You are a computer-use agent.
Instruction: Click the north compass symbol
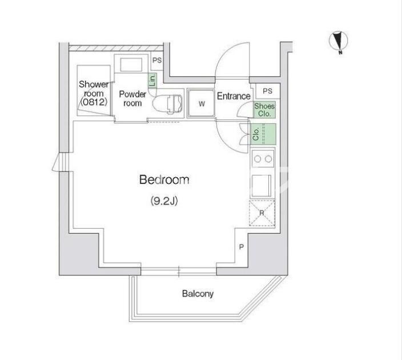coord(339,41)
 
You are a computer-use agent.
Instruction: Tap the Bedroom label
coord(164,179)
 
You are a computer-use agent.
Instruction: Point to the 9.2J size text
coord(164,201)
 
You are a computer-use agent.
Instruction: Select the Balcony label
coord(198,294)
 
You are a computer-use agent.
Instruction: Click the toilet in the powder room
coord(168,104)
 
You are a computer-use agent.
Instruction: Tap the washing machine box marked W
coord(202,103)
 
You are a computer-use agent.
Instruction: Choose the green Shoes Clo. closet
coord(264,110)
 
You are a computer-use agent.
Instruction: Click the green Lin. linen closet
coord(152,80)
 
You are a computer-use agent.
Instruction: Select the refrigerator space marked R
coord(262,213)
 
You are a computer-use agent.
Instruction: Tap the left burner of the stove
coord(258,159)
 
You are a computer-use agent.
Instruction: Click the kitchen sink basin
coord(262,185)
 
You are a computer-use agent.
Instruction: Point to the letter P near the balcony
coord(241,247)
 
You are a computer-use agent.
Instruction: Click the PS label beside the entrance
coord(267,91)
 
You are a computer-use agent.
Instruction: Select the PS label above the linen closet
coord(157,61)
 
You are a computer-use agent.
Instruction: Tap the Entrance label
coord(234,96)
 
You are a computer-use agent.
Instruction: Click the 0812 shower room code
coord(93,102)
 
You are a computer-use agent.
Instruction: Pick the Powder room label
coord(132,98)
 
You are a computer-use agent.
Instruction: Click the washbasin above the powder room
coord(131,65)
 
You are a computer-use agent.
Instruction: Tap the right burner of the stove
coord(268,159)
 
